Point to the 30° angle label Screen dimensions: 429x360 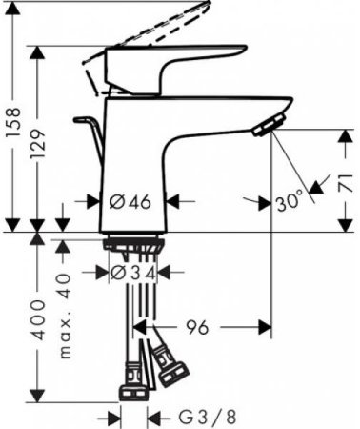(x=288, y=201)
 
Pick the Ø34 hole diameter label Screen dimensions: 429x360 (x=130, y=273)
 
